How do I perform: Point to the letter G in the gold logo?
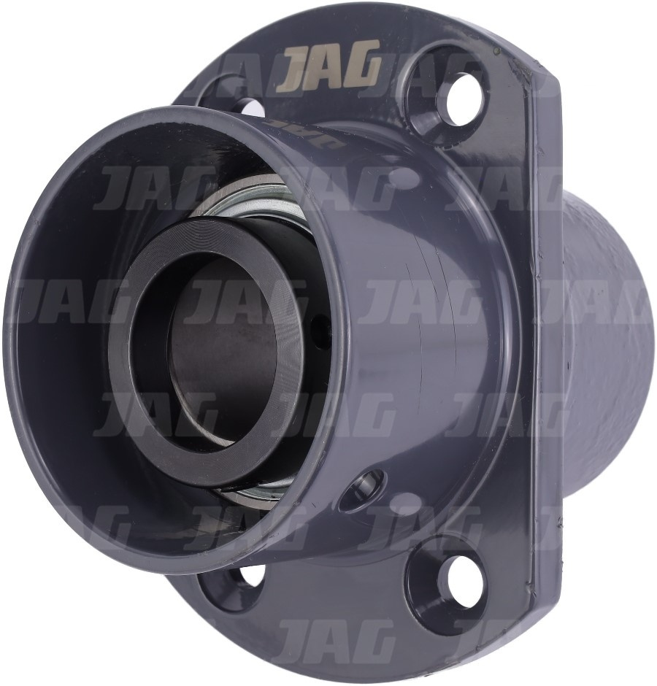(362, 69)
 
